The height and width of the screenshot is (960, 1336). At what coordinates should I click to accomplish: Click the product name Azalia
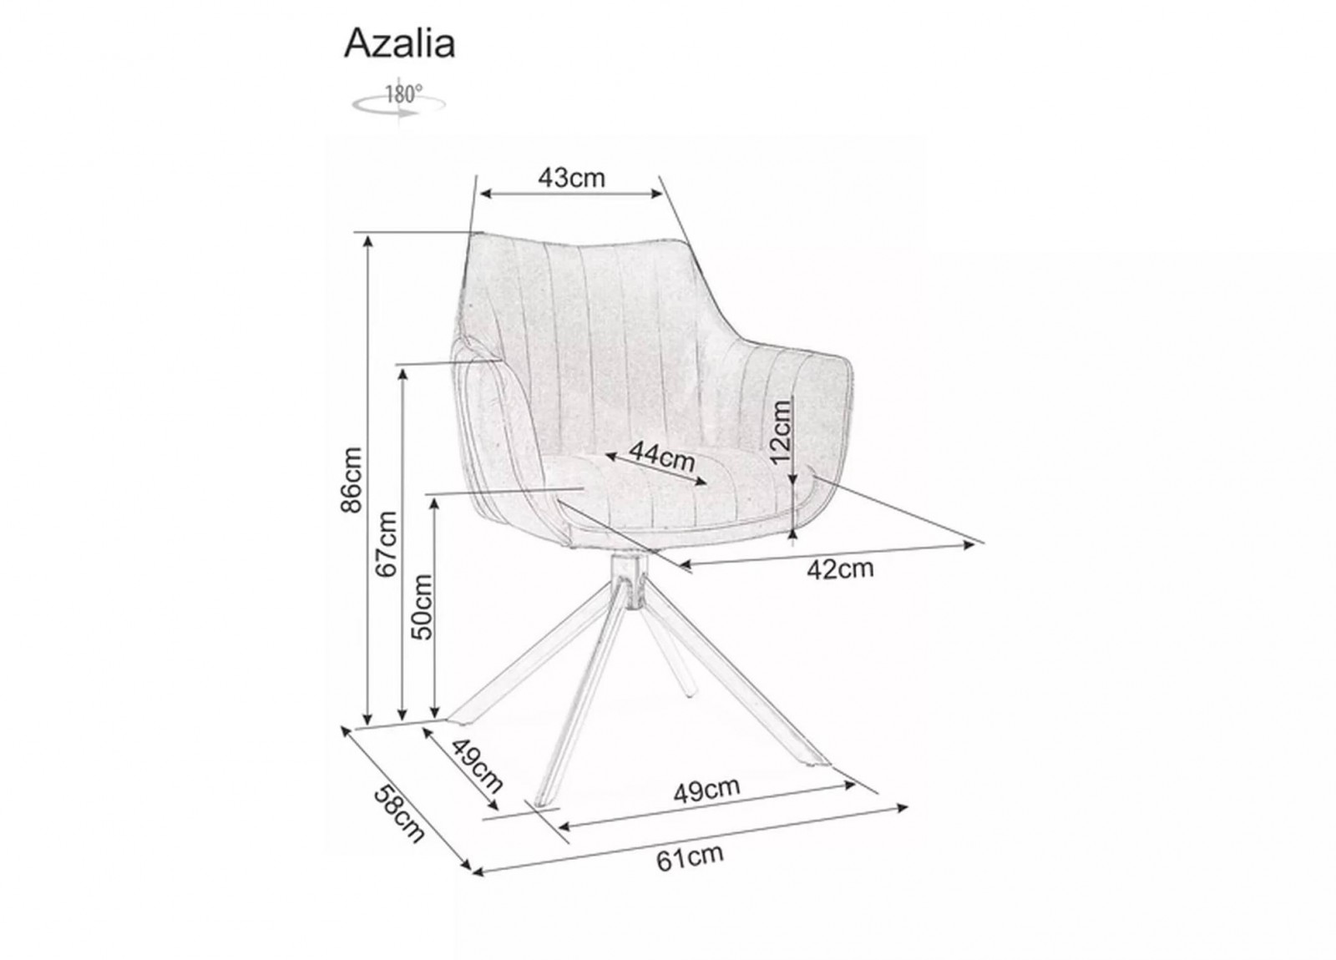tap(400, 43)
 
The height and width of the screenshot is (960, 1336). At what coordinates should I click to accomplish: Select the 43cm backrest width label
tap(571, 178)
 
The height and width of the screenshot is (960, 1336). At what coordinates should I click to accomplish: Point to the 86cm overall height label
tap(352, 480)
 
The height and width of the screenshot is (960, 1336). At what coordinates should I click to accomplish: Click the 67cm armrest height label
tap(387, 543)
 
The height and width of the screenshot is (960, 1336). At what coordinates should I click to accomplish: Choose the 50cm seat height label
tap(422, 607)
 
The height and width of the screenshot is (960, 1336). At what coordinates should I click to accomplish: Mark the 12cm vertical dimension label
tap(781, 432)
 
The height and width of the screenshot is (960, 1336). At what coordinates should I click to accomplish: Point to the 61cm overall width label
tap(691, 857)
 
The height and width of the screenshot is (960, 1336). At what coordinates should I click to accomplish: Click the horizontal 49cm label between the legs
tap(706, 791)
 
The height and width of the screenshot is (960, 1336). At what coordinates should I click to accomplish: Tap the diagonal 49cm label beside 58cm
tap(477, 765)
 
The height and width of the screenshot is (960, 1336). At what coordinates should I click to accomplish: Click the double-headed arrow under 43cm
tap(571, 193)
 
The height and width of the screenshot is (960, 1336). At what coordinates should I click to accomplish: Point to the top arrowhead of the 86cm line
tap(368, 241)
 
